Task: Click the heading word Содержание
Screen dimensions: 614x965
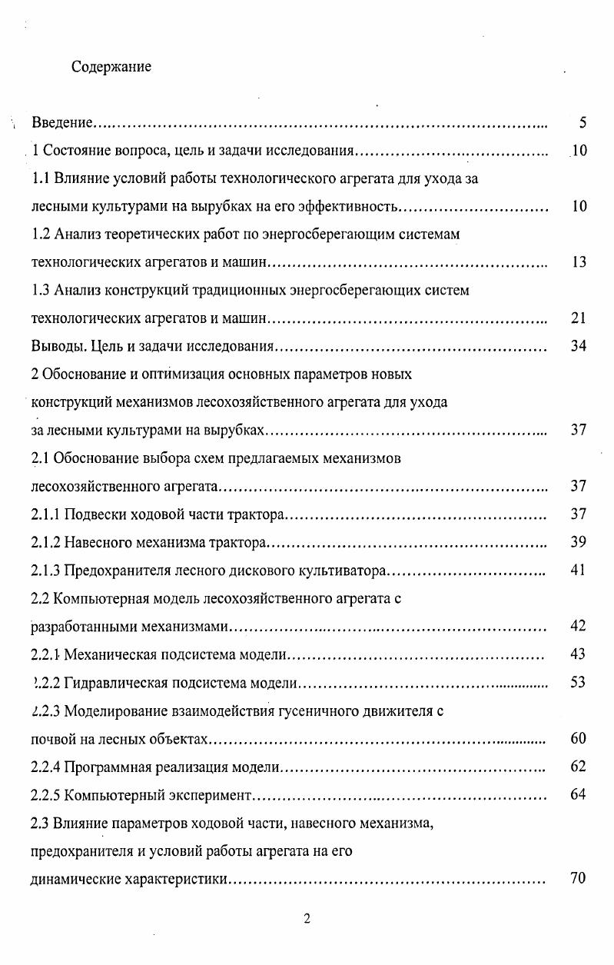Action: coord(111,67)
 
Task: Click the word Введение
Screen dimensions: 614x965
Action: coord(62,123)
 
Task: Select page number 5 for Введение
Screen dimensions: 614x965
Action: coord(582,123)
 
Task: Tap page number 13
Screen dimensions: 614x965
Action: coord(579,262)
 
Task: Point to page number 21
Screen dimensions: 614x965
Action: coord(579,318)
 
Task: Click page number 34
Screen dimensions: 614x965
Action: coord(579,346)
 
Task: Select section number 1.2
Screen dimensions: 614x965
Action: coord(40,235)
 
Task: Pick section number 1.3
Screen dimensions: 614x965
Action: coord(40,291)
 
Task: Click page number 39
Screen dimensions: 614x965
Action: coord(579,542)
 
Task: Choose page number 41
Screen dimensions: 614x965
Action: coord(579,571)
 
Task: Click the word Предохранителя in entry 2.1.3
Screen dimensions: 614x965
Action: coord(111,571)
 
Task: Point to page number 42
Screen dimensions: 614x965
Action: coord(579,626)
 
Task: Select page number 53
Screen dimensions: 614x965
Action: coord(579,682)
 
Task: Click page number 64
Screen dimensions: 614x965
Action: coord(579,794)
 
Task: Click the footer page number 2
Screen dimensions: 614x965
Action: coord(307,919)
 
